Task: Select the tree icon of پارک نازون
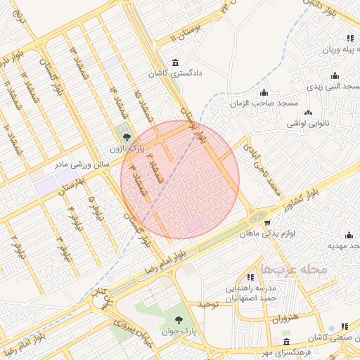127,138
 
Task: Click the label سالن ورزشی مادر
86,163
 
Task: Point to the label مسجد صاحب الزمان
264,103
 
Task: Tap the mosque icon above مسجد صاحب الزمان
264,93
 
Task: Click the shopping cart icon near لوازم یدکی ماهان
267,223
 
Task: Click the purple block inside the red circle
193,226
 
